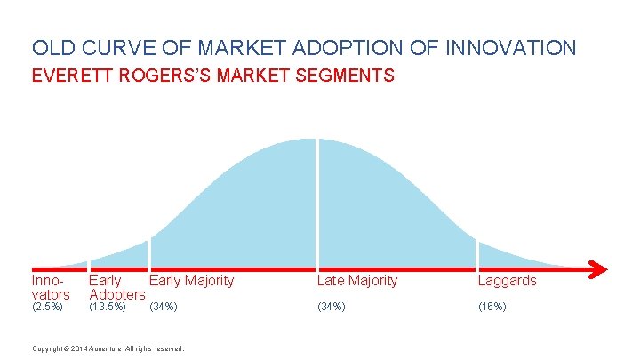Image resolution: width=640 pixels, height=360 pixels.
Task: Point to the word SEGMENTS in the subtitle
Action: tap(347, 76)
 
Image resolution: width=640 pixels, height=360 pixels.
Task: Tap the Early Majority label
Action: tap(192, 281)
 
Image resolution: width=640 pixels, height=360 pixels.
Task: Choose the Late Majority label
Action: tap(357, 281)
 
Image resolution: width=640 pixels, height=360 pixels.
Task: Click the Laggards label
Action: tap(508, 281)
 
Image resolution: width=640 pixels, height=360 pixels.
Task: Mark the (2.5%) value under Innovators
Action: tap(47, 308)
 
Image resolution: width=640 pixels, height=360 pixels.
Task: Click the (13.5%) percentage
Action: tap(108, 308)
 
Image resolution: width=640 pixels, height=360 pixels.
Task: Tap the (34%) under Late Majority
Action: tap(331, 308)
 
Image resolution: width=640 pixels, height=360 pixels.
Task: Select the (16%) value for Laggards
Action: tap(492, 308)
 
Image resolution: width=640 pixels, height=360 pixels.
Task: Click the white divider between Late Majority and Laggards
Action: tap(477, 253)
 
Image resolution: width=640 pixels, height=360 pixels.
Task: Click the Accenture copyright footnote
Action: tap(108, 348)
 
